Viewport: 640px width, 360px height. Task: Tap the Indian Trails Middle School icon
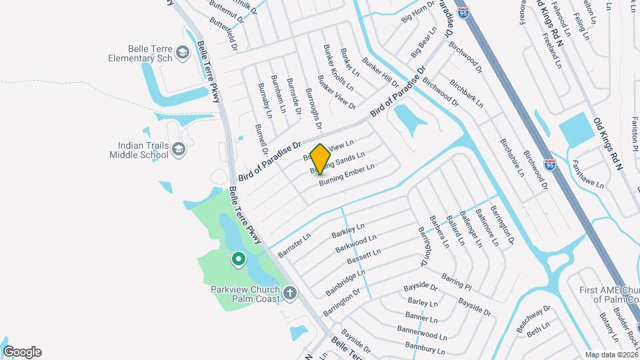[x=178, y=149]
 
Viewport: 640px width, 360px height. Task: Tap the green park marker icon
[x=238, y=259]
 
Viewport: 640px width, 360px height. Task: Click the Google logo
[x=22, y=352]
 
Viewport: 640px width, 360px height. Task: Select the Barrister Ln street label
[x=295, y=245]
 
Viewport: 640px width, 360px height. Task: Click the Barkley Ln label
[x=349, y=231]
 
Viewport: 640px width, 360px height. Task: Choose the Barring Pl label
[x=457, y=281]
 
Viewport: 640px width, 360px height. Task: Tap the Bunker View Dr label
[x=337, y=92]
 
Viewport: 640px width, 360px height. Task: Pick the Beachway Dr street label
[x=533, y=319]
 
